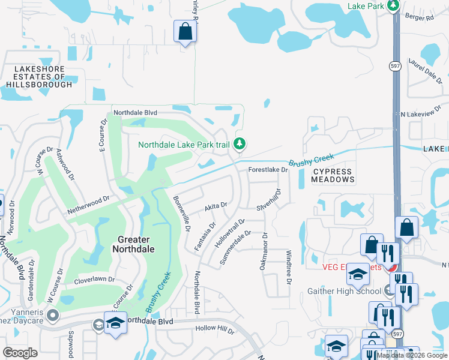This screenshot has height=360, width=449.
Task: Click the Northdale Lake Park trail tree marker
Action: pos(240,143)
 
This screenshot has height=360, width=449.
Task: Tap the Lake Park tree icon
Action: pos(393,5)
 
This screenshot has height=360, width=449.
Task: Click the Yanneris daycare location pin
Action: pos(53,314)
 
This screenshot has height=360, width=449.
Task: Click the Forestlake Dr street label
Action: pos(269,170)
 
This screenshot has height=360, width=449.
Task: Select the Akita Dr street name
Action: pos(215,205)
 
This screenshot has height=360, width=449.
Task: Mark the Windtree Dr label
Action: pos(289,263)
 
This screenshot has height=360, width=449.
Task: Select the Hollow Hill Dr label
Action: pos(214,329)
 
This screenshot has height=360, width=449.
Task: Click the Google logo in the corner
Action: pos(20,353)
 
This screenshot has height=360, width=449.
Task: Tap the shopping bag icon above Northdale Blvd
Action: pos(185,31)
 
